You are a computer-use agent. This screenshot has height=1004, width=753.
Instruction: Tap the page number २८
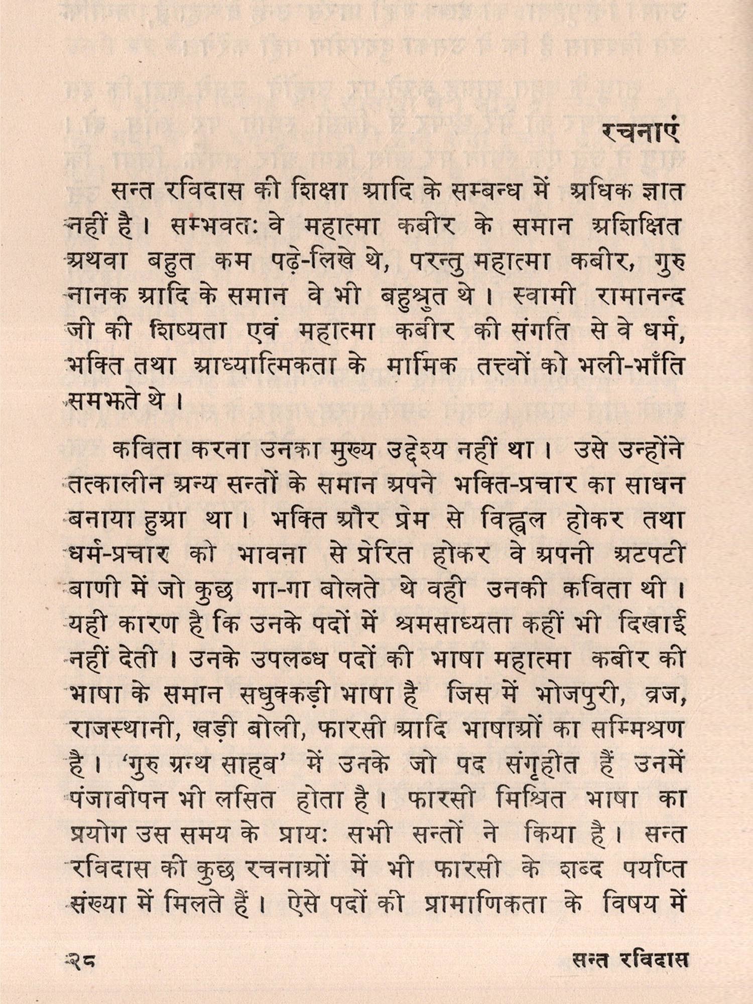[x=81, y=960]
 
